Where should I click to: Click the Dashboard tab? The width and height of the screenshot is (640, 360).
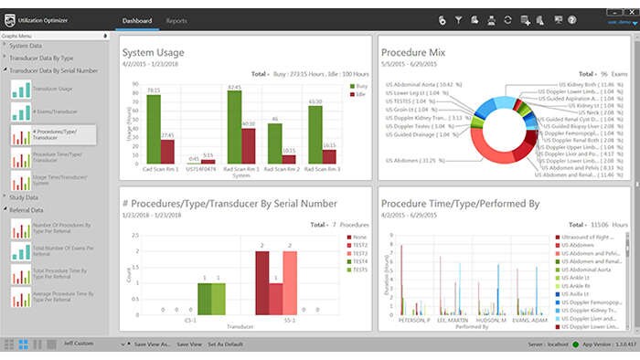point(135,20)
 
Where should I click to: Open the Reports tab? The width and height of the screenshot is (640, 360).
point(176,20)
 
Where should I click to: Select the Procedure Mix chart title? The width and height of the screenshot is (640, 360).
point(419,53)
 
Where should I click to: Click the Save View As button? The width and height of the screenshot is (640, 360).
point(151,344)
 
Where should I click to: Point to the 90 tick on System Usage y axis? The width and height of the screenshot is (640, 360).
point(135,84)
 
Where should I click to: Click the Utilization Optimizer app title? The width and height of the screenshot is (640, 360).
point(56,19)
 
